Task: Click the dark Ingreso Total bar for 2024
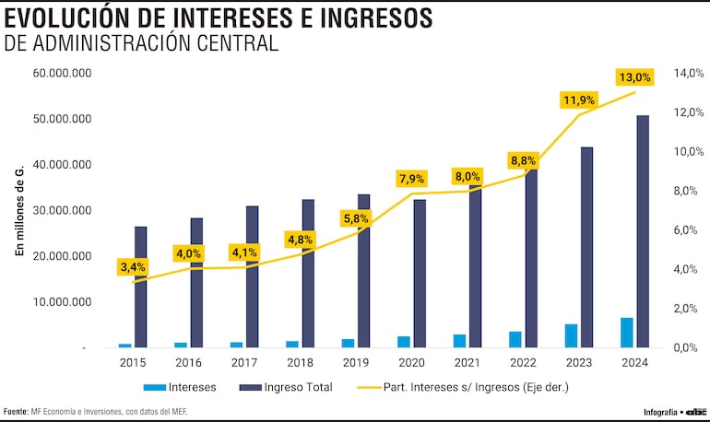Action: pyautogui.click(x=643, y=231)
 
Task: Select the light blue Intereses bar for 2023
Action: pyautogui.click(x=572, y=335)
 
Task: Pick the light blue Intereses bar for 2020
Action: pyautogui.click(x=404, y=342)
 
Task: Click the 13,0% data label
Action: pyautogui.click(x=635, y=77)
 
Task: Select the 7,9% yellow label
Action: pyautogui.click(x=411, y=178)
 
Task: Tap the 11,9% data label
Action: pyautogui.click(x=579, y=100)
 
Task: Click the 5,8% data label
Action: pyautogui.click(x=355, y=218)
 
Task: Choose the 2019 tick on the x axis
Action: pyautogui.click(x=356, y=363)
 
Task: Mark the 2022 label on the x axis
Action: pyautogui.click(x=523, y=363)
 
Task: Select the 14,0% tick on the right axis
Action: pyautogui.click(x=691, y=74)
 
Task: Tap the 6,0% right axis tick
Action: pyautogui.click(x=691, y=230)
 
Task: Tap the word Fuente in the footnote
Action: pyautogui.click(x=16, y=411)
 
